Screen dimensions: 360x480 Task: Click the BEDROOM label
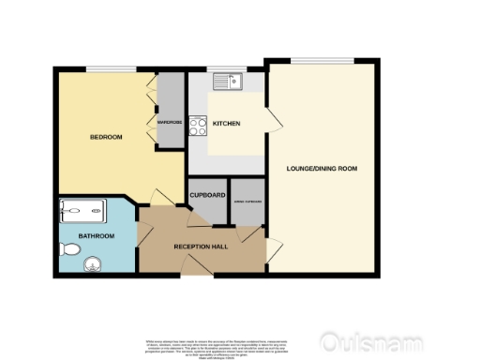tap(105, 137)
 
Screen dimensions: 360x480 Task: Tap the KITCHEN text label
tap(226, 124)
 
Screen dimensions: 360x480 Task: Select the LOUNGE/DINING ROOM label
tap(322, 168)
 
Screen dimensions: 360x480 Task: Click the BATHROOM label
tap(96, 235)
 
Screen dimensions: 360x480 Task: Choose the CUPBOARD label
tap(206, 195)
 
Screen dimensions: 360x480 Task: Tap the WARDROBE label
tap(170, 122)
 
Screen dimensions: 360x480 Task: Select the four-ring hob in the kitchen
tap(198, 125)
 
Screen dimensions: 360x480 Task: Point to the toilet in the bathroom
tap(68, 249)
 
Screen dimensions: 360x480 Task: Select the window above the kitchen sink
tap(226, 69)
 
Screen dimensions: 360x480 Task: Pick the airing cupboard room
tap(247, 202)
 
